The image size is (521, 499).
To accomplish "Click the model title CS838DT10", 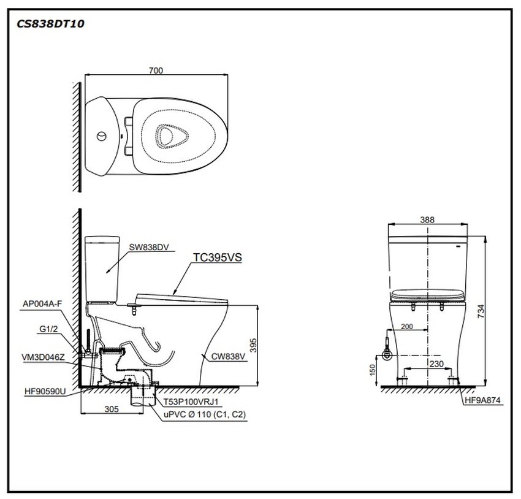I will point(51,24).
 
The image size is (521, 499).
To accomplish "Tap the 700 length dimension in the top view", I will point(156,70).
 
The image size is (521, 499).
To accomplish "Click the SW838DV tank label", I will point(148,248).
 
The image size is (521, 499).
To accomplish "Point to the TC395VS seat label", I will point(218,258).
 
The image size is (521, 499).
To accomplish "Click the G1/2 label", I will point(48,329).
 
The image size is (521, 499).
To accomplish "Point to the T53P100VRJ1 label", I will point(191,402).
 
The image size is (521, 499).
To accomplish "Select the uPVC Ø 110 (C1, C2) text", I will point(203,415).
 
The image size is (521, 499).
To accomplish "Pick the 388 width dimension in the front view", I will point(428,219).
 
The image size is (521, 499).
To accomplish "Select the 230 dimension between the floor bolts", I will point(437,364).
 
